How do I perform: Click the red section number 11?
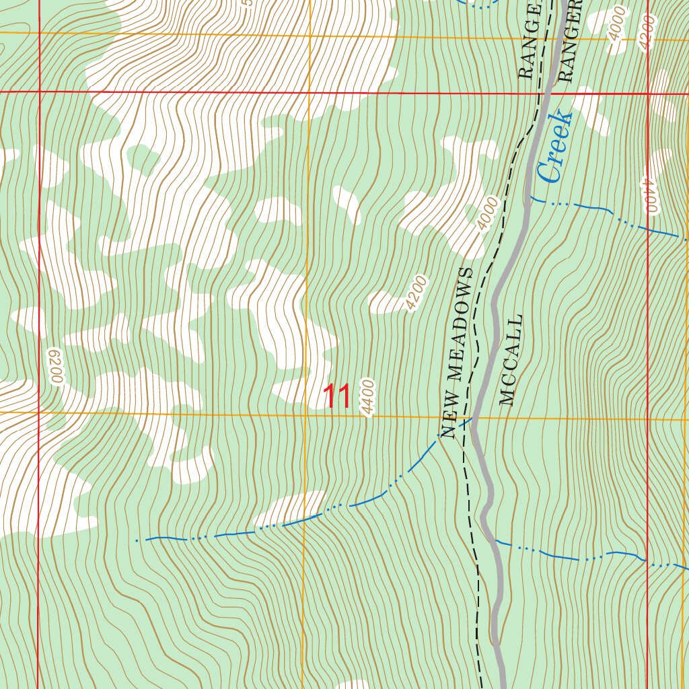[337, 397]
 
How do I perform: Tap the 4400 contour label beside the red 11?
[367, 397]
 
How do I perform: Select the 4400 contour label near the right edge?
[648, 195]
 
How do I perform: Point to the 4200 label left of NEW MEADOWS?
[416, 293]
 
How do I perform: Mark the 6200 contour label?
[55, 366]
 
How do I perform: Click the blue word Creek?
[556, 147]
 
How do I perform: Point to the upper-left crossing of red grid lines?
[39, 91]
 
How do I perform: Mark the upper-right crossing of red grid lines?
[649, 93]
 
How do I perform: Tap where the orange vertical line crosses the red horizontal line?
[310, 92]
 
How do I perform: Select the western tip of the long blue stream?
[137, 540]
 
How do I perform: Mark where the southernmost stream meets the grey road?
[495, 540]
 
